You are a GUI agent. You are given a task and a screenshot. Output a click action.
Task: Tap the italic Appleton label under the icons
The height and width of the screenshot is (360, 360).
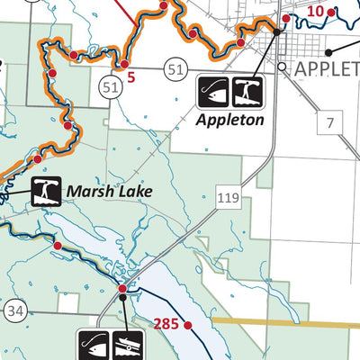tap(230, 118)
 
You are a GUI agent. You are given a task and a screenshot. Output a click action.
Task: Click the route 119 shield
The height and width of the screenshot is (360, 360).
tap(228, 191)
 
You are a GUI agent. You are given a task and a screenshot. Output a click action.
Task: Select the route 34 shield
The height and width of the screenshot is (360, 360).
tap(13, 311)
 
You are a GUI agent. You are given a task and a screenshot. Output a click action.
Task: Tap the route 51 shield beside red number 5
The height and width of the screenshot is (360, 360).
tap(111, 86)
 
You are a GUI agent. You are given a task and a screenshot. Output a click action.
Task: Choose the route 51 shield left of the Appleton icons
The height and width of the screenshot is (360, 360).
tap(175, 68)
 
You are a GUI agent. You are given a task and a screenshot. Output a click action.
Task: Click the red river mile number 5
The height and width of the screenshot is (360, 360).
tap(131, 76)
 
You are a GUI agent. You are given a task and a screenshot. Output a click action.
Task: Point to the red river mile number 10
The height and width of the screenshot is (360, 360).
tap(314, 11)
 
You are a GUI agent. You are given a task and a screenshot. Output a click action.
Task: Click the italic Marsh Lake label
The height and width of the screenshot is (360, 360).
tap(108, 191)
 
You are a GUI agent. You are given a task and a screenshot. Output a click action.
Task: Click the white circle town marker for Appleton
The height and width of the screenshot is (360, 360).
tap(282, 67)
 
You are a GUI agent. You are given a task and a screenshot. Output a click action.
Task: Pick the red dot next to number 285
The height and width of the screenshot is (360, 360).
tap(188, 325)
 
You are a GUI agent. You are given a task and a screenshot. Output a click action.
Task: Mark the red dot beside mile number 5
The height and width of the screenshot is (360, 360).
tap(122, 66)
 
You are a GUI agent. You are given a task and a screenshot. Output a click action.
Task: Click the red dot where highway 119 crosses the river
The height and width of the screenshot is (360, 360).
tap(122, 288)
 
